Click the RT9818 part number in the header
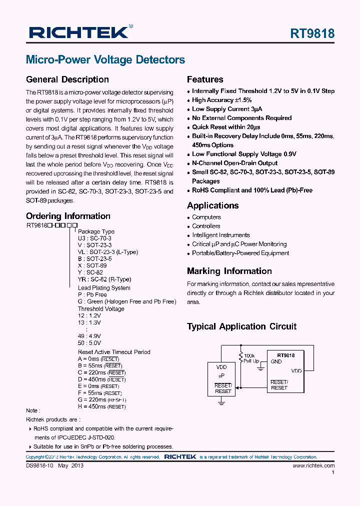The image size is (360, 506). coord(312,33)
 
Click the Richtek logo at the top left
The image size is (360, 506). coord(78,32)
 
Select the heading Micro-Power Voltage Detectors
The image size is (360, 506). coord(105,60)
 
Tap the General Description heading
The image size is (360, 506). coord(67,79)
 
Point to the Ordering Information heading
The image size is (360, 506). coord(68,216)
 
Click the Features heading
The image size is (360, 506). coord(205,79)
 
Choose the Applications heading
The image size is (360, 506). coord(212,205)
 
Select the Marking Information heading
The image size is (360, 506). coord(229,271)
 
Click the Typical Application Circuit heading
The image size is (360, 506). coord(241,326)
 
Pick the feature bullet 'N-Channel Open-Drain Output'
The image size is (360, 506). coord(234,163)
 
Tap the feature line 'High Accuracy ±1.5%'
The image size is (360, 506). coord(221,100)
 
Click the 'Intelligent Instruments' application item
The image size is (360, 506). coord(221,235)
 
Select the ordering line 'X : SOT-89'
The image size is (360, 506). coord(92,265)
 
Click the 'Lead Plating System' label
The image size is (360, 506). coord(104,288)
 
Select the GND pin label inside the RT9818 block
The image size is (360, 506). coord(276,361)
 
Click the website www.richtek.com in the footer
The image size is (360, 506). coord(313,465)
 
